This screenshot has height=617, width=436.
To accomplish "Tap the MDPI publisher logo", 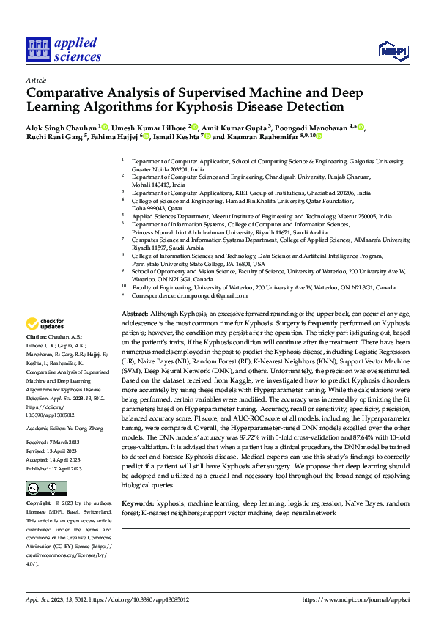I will (x=393, y=50).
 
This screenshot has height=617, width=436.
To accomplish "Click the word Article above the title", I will (x=36, y=80).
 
